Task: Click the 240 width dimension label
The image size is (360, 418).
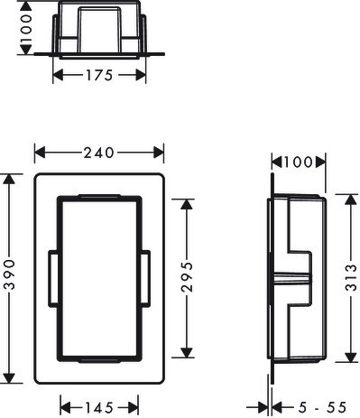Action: (98, 153)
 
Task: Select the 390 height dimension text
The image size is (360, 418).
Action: (10, 274)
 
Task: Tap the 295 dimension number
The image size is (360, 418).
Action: (187, 277)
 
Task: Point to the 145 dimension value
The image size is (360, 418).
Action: (99, 408)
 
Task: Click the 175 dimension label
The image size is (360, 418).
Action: (99, 75)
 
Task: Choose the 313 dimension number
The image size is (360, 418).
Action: (351, 277)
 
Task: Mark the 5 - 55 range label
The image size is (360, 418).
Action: (322, 408)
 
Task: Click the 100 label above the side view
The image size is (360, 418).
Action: (298, 163)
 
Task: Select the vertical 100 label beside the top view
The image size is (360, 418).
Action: (26, 28)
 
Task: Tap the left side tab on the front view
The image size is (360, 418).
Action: (53, 279)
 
